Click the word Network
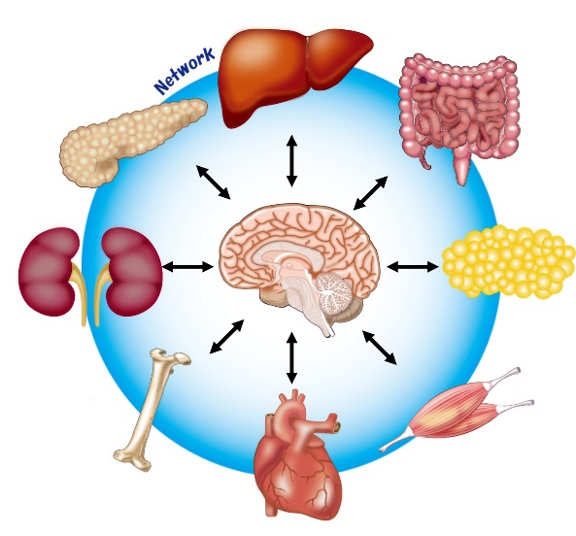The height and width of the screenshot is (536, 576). tap(184, 70)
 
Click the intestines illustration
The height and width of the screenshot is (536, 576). tap(459, 114)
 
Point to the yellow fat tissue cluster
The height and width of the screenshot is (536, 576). tap(509, 262)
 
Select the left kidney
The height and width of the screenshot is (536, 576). tap(49, 272)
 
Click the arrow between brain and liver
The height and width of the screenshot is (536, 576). tap(291, 160)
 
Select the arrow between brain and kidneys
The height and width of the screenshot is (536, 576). tap(187, 266)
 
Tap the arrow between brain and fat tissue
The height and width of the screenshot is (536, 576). tap(413, 267)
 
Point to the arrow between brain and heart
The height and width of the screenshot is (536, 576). tap(291, 357)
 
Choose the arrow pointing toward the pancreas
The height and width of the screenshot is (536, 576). tap(213, 183)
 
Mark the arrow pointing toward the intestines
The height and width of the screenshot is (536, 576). tap(370, 193)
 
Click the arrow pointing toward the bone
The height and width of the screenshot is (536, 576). tap(226, 337)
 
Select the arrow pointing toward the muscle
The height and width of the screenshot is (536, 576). tap(380, 348)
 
